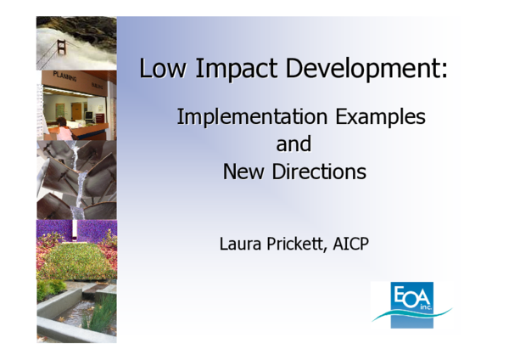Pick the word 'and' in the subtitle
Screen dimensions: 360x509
coord(294,143)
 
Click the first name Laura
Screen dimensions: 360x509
coord(243,245)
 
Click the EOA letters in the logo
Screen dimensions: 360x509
coord(411,298)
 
